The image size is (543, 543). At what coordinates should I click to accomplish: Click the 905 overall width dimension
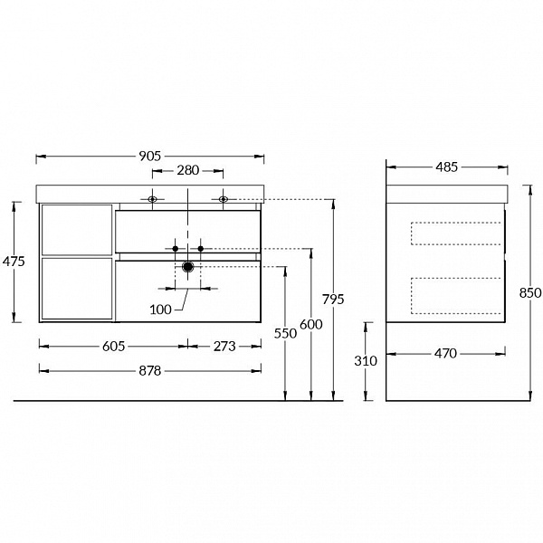click(150, 157)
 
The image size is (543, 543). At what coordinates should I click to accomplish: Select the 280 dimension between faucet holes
click(188, 170)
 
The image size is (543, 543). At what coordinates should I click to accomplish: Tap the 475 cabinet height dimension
click(14, 262)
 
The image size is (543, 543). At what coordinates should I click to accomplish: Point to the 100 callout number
click(161, 310)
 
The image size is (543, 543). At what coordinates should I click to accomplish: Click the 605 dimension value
click(114, 347)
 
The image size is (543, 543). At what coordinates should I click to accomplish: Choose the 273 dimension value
click(224, 347)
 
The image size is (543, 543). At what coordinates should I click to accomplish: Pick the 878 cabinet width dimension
click(150, 371)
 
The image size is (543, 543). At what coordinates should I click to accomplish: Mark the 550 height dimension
click(285, 333)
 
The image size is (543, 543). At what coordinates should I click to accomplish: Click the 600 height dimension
click(311, 325)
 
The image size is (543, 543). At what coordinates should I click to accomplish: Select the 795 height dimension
click(333, 300)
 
